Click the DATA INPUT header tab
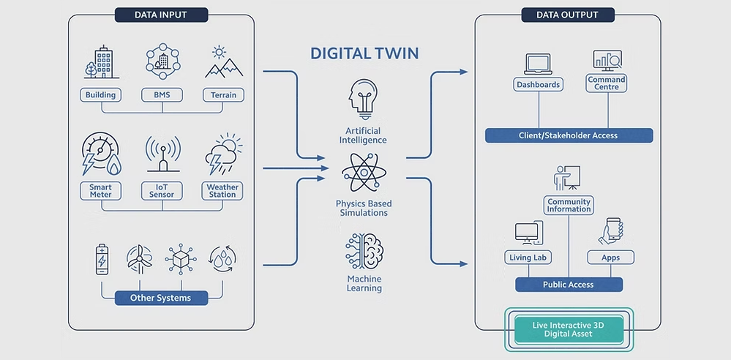click(161, 15)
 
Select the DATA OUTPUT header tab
click(568, 15)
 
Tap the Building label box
click(100, 95)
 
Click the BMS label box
click(162, 95)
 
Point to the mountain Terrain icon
click(223, 64)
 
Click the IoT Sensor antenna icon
click(162, 155)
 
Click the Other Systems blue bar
click(160, 298)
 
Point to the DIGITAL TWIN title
click(364, 53)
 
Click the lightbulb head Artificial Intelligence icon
click(364, 99)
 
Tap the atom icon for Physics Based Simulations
click(364, 173)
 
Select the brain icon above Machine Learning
click(364, 251)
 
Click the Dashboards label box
click(538, 85)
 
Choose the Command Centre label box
click(607, 83)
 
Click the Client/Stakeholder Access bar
click(569, 135)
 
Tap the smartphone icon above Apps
click(610, 231)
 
